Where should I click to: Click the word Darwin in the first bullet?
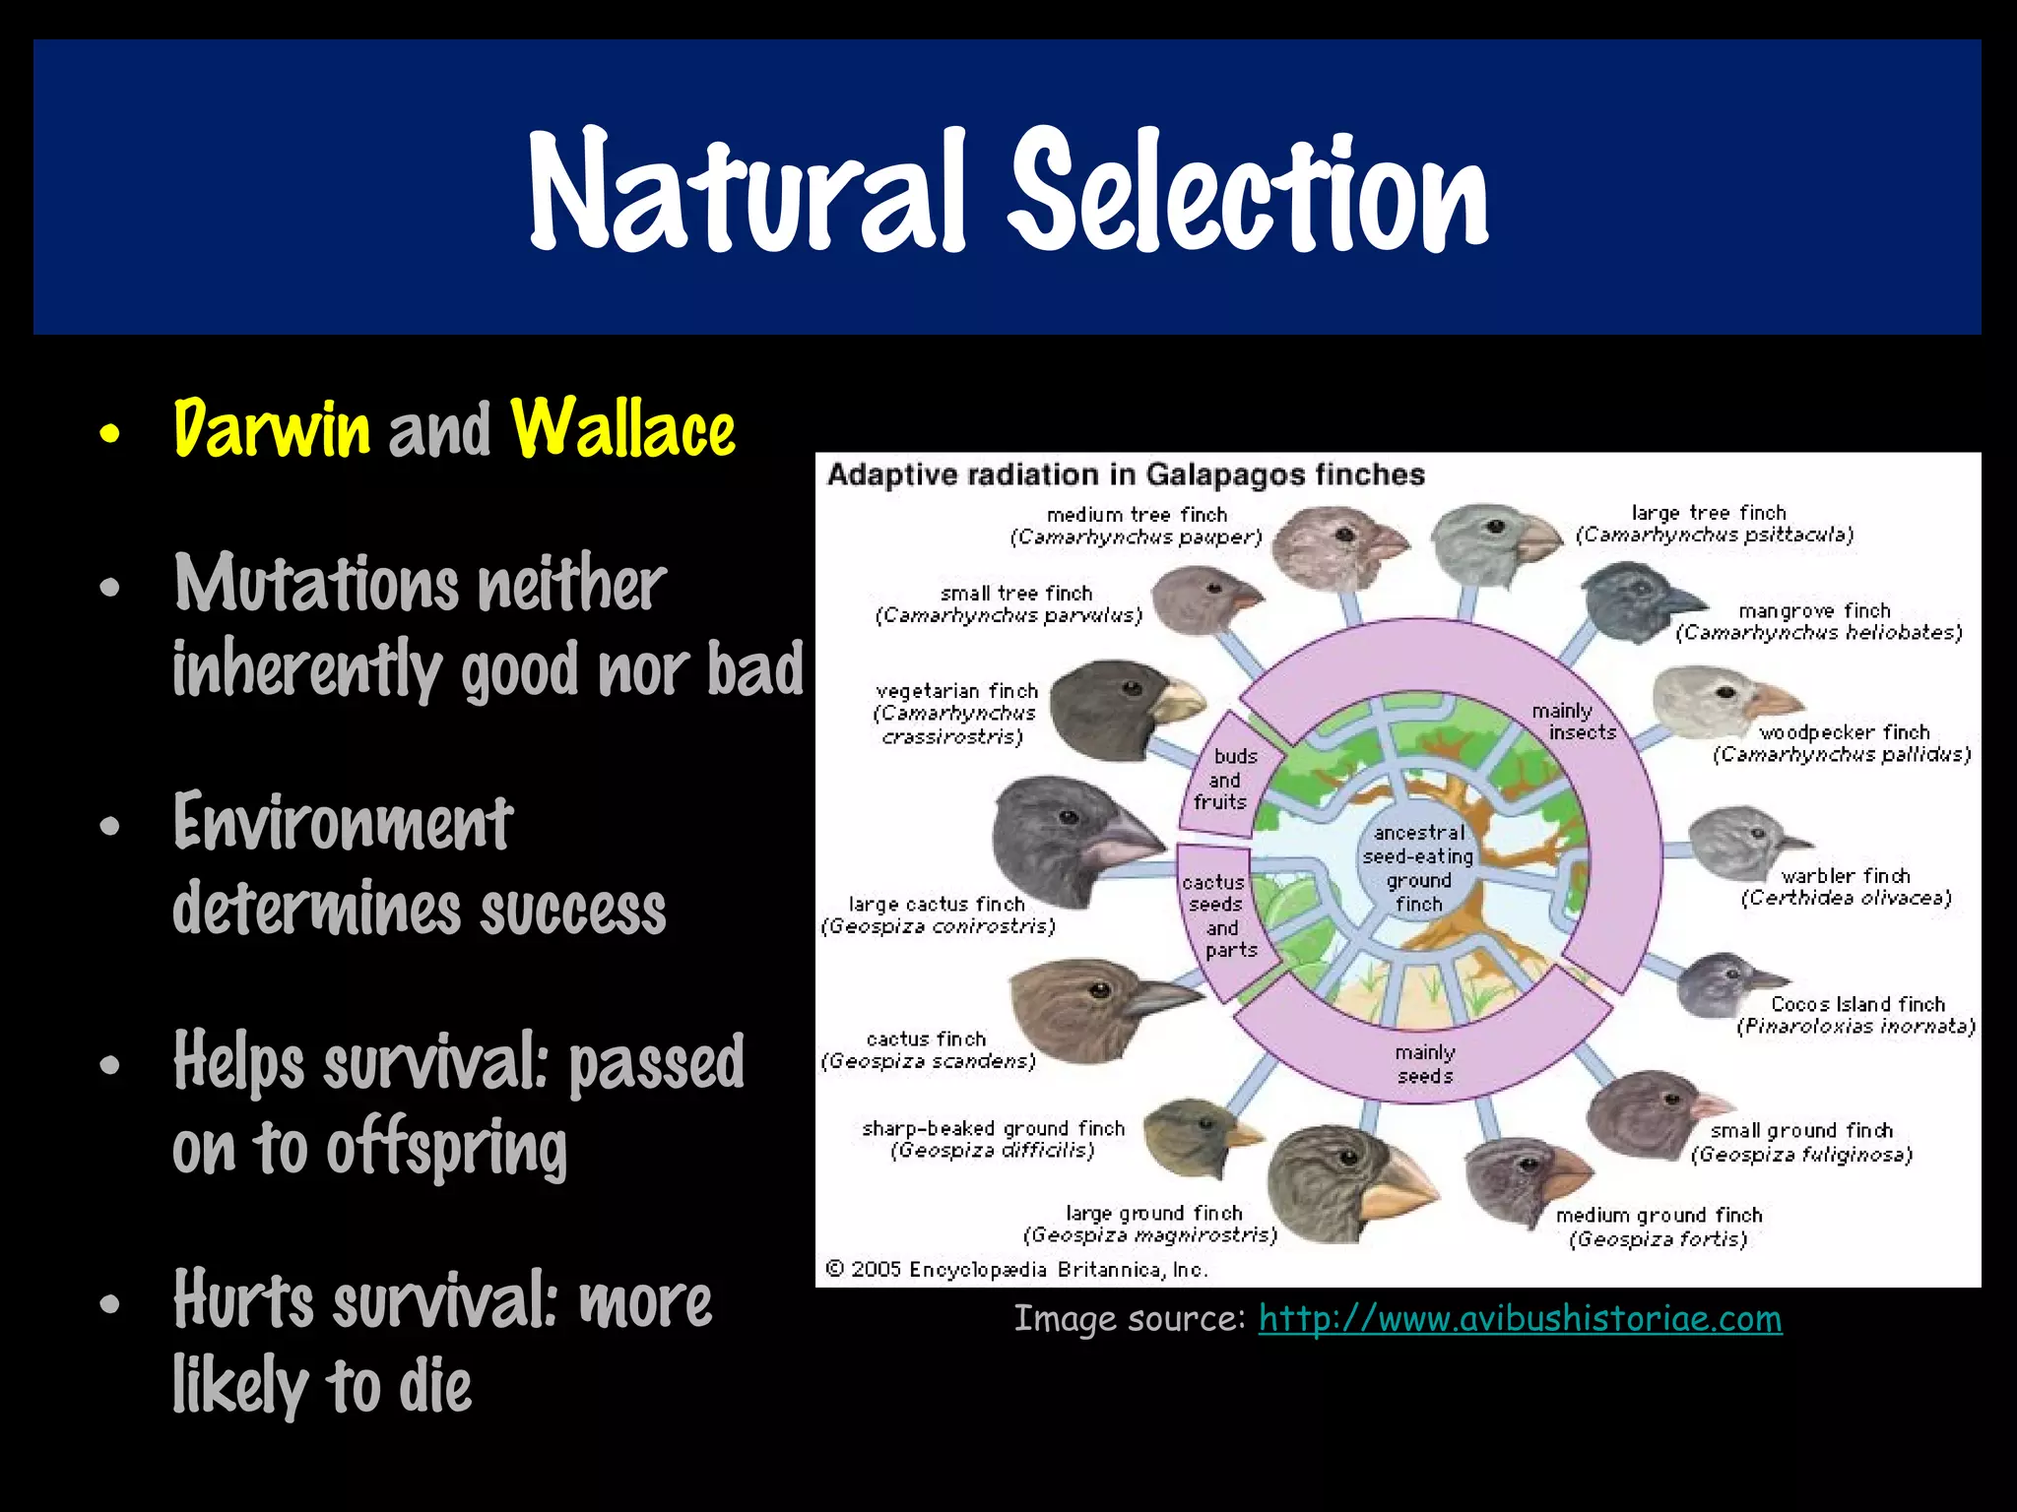tap(272, 429)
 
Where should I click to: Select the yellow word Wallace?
tap(622, 429)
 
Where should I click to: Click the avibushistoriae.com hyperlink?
tap(1520, 1319)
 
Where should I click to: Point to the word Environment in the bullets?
tap(343, 823)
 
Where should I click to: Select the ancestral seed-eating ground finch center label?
tap(1418, 868)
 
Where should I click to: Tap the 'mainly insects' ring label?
tap(1573, 722)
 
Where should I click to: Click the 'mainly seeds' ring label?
tap(1424, 1064)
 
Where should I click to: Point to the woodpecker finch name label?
tap(1844, 732)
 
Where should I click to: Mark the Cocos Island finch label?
tap(1857, 1004)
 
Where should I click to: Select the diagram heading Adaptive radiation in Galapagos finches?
tap(1126, 474)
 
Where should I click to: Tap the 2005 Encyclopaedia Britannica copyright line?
tap(1015, 1270)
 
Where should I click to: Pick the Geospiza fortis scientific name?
tap(1658, 1239)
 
